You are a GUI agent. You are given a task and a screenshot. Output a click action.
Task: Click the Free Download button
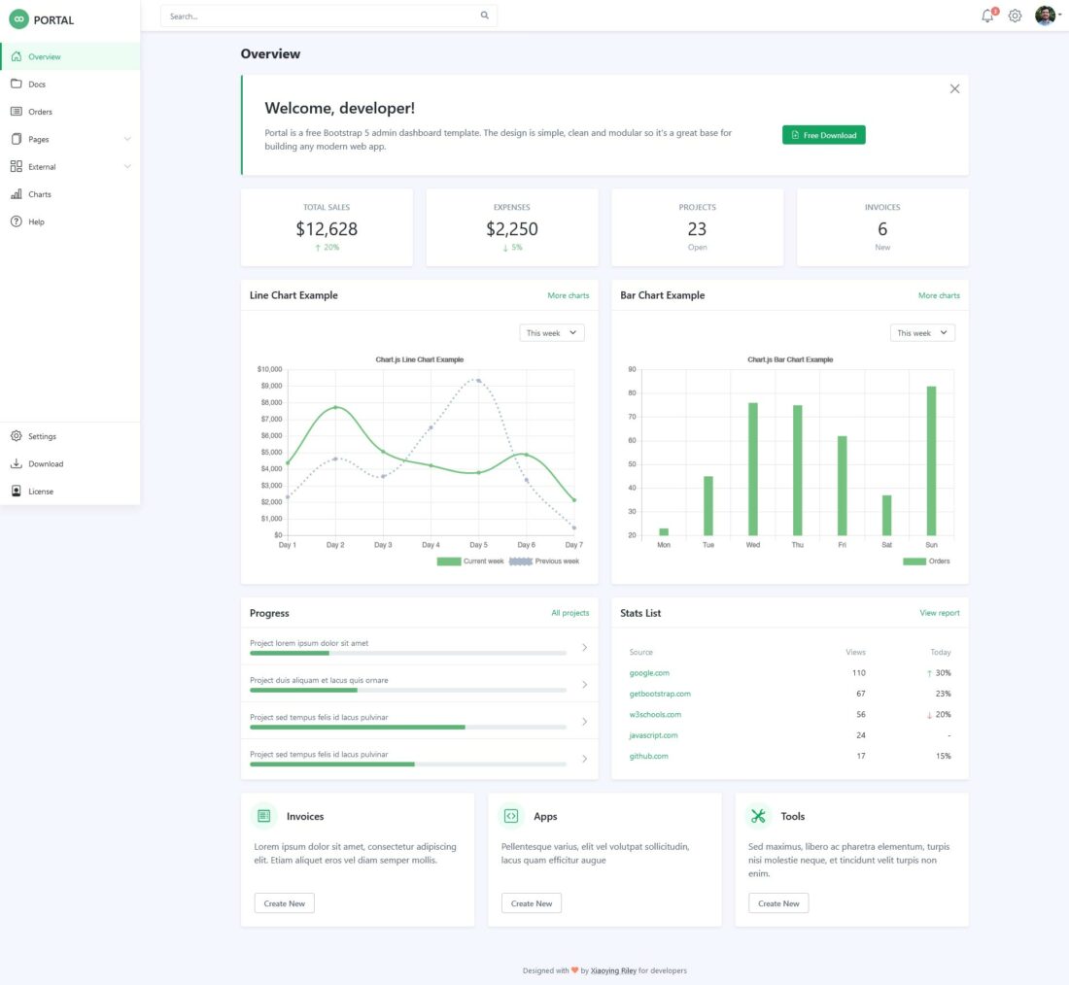(823, 135)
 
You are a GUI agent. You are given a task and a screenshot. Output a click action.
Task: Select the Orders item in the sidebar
(40, 112)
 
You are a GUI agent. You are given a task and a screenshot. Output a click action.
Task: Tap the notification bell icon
(987, 16)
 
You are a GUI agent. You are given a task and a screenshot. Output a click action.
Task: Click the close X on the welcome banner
(954, 88)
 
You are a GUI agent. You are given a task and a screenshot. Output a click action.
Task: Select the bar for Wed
(752, 468)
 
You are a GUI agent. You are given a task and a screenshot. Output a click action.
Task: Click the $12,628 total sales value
(327, 229)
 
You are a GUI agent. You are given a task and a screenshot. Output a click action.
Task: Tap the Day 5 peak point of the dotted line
(478, 381)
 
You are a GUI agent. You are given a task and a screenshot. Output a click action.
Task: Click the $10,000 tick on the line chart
(269, 369)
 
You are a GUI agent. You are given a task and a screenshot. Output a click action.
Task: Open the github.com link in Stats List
(648, 756)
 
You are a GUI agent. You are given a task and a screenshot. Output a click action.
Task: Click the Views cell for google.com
(858, 672)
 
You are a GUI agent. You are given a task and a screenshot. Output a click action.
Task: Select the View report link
(939, 613)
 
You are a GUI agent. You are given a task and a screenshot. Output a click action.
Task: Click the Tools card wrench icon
(758, 816)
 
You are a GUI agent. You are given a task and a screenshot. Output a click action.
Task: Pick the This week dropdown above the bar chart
(922, 333)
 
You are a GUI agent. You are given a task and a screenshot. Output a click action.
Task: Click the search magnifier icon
(485, 16)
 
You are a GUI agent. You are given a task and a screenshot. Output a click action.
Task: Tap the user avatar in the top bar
(1045, 16)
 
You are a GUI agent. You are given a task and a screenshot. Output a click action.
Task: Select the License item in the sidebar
(41, 492)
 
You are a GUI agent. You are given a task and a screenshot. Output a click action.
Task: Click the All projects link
(569, 613)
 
